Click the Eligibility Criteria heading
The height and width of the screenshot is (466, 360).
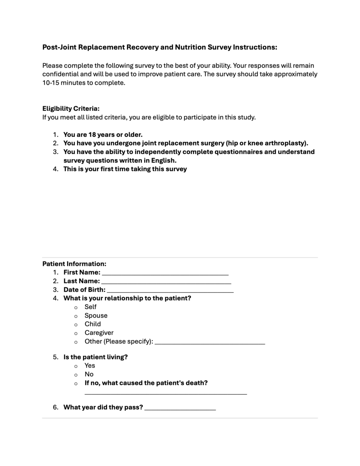click(71, 108)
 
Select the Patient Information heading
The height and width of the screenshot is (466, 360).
click(74, 264)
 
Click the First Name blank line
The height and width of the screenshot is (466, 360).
click(165, 274)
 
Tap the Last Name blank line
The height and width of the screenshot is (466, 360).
click(166, 282)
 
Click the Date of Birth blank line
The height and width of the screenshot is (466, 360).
click(170, 291)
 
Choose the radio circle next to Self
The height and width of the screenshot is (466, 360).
click(76, 308)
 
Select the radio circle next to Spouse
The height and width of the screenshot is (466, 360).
click(76, 316)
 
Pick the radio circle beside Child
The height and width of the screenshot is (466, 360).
click(76, 325)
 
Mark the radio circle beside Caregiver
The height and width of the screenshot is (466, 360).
click(76, 333)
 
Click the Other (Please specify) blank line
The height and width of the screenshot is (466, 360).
click(210, 343)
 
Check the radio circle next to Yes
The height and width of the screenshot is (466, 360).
click(76, 366)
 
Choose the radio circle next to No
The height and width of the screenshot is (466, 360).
click(76, 375)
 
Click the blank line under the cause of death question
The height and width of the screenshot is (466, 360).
click(166, 393)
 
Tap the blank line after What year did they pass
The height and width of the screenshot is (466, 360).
click(180, 409)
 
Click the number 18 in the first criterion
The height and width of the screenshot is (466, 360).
click(92, 134)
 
